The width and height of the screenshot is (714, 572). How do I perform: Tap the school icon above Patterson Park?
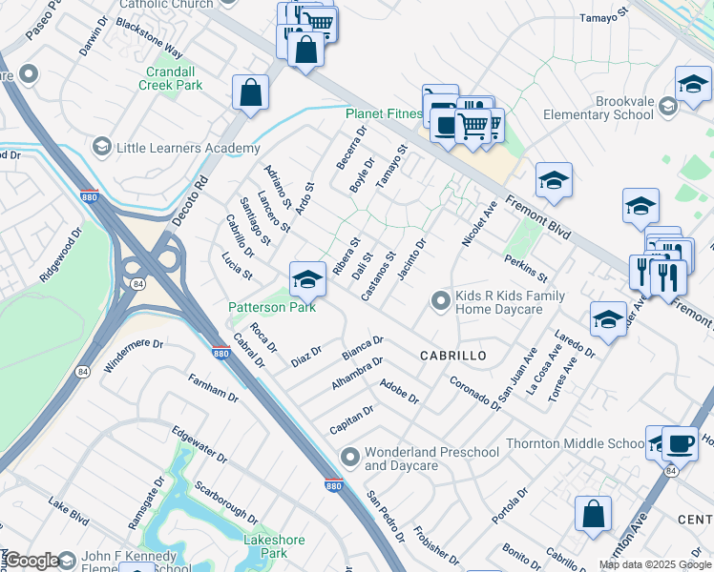pyautogui.click(x=306, y=279)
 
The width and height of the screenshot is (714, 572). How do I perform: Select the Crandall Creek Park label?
pyautogui.click(x=174, y=78)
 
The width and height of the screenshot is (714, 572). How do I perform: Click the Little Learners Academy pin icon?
pyautogui.click(x=101, y=148)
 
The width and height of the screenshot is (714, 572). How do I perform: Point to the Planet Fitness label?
pyautogui.click(x=383, y=113)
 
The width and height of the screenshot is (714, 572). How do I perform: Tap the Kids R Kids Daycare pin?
pyautogui.click(x=440, y=301)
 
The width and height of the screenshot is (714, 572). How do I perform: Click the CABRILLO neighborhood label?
pyautogui.click(x=453, y=355)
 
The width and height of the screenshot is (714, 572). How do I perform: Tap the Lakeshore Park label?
pyautogui.click(x=273, y=546)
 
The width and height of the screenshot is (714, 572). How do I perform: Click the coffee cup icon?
pyautogui.click(x=679, y=443)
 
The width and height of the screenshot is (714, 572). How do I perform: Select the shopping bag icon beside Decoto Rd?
pyautogui.click(x=250, y=93)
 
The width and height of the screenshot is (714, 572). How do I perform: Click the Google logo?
pyautogui.click(x=32, y=561)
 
